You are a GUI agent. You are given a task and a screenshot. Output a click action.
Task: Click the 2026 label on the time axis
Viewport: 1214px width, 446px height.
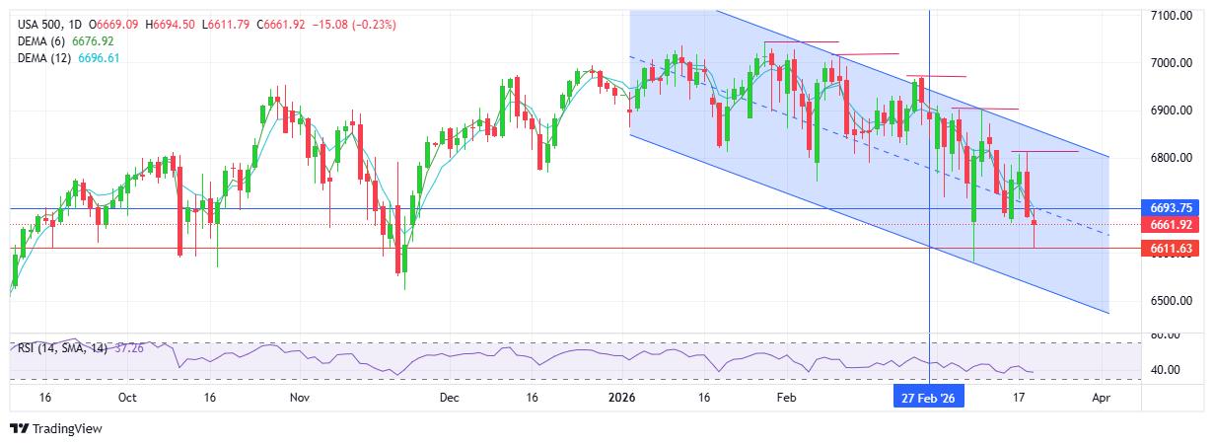[x=621, y=398]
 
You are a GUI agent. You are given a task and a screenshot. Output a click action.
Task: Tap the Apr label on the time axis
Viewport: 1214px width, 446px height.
[x=1102, y=398]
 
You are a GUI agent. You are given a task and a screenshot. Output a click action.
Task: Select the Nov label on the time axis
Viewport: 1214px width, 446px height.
[x=301, y=398]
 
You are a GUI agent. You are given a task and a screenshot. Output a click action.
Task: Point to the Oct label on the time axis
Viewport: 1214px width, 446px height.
[x=126, y=398]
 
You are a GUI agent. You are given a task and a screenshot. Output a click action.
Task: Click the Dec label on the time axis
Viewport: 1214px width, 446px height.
[x=449, y=398]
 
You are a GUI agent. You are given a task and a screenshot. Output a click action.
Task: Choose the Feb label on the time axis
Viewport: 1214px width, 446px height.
[x=786, y=398]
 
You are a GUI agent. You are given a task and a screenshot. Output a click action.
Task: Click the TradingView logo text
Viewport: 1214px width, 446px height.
[x=67, y=429]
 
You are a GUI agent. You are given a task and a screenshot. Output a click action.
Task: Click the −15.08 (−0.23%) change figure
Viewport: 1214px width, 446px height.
[x=355, y=24]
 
